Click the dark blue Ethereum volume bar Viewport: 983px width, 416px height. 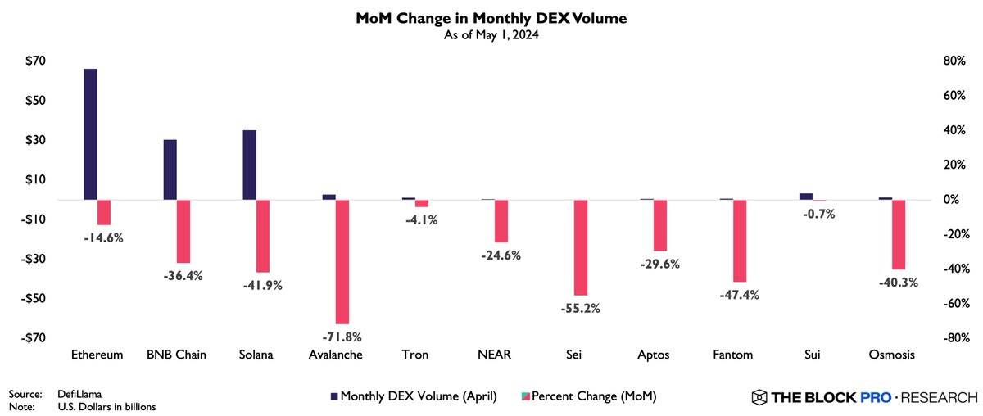tap(90, 133)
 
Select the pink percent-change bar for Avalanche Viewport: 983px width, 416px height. tap(343, 262)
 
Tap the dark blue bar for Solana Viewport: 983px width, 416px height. tap(250, 165)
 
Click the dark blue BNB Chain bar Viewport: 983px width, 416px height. tap(170, 170)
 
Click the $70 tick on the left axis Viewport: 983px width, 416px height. tap(35, 61)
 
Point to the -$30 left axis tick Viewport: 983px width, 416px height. tap(34, 259)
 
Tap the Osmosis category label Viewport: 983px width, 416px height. tap(891, 355)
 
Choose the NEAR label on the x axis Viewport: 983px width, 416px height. tap(495, 355)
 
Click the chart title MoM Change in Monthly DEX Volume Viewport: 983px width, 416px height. tap(491, 17)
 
